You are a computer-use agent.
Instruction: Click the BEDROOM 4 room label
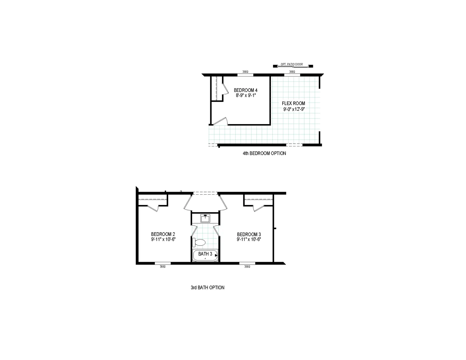pos(246,90)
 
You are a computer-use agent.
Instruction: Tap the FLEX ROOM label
pos(293,103)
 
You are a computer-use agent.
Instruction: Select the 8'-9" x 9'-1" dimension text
pos(246,95)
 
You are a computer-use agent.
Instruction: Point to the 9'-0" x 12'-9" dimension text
pos(294,109)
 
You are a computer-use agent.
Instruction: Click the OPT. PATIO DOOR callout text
pos(292,64)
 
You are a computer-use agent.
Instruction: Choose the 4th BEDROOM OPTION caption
pos(264,153)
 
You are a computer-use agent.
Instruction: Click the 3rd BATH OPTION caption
pos(207,287)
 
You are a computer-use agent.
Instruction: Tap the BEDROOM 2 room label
pos(163,234)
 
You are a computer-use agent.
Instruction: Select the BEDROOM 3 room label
pos(249,234)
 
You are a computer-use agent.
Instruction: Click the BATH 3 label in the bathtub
pos(205,254)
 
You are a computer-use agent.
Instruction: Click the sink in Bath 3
pos(205,218)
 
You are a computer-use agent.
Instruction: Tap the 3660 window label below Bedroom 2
pos(162,267)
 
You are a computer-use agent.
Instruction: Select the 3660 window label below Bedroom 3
pos(247,267)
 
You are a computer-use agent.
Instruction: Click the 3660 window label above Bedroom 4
pos(245,72)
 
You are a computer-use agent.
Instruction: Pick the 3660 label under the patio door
pos(292,72)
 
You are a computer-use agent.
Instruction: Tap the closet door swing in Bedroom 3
pos(258,208)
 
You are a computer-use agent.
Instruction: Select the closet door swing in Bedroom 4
pos(225,88)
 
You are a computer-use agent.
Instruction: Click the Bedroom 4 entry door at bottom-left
pos(220,121)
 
